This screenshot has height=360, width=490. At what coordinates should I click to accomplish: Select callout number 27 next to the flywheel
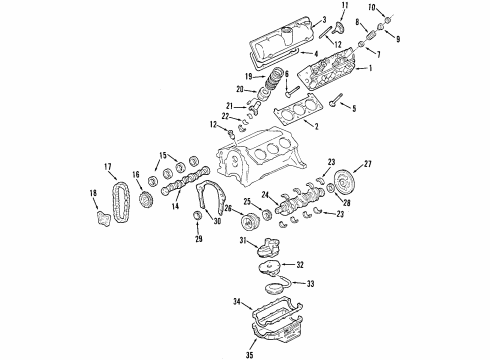(367, 163)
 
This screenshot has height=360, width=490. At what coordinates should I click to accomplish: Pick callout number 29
(197, 240)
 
